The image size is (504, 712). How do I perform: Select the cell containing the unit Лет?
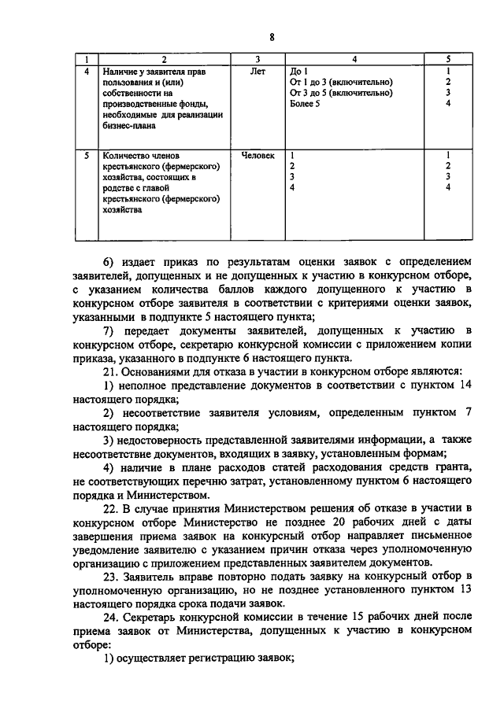[258, 72]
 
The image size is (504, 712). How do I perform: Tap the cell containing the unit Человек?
[258, 156]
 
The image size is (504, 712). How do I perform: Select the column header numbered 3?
[258, 60]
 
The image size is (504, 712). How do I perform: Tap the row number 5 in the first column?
[87, 156]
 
